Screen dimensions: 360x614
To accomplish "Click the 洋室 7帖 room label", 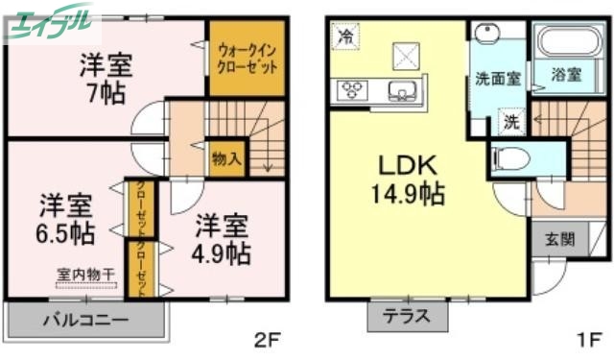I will coord(106,79).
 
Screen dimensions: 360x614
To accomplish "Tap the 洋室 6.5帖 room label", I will coord(66,218).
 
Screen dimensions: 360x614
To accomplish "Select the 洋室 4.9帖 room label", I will coord(224,239).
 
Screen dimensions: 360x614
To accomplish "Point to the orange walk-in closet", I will coord(248,59).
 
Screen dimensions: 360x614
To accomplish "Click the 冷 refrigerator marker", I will coord(344,38).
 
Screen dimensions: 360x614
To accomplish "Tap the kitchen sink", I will coord(399,91).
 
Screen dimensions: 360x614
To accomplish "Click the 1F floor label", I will coord(588,339).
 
